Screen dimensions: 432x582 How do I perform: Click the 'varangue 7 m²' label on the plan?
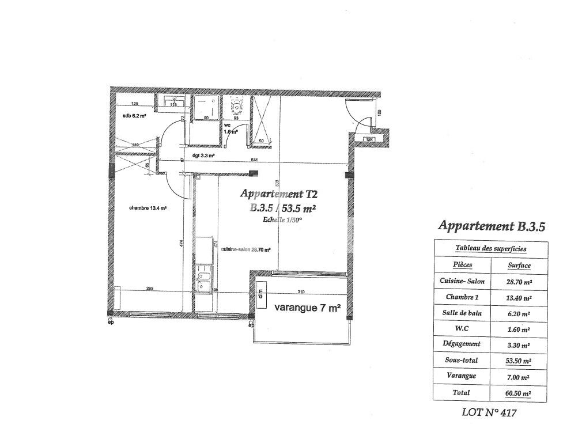coord(307,308)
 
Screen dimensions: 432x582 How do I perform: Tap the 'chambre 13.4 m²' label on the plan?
coord(148,209)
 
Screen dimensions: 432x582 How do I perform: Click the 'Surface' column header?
coord(519,266)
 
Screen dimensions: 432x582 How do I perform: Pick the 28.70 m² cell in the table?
coord(519,282)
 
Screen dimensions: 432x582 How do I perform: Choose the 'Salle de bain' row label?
coord(461,313)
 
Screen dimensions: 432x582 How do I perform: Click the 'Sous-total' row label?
coord(461,361)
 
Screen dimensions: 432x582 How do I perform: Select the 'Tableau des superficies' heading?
coord(490,248)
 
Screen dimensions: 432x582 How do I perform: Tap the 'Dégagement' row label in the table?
coord(461,344)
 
